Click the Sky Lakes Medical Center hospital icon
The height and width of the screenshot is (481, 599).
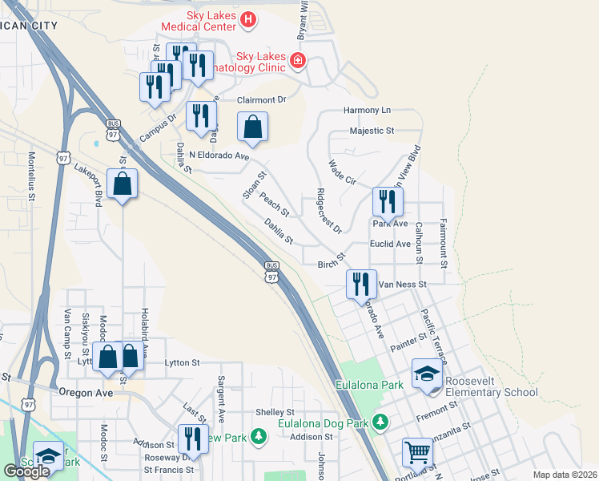click(x=248, y=19)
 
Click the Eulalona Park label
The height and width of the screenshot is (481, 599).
click(x=369, y=386)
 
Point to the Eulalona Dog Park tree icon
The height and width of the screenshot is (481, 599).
click(x=381, y=422)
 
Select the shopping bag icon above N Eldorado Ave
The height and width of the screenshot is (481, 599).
click(x=252, y=127)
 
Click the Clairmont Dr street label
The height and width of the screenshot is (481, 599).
click(x=261, y=99)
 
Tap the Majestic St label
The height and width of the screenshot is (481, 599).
click(x=372, y=130)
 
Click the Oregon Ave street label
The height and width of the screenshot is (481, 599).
click(x=83, y=392)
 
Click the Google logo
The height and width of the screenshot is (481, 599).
click(x=26, y=471)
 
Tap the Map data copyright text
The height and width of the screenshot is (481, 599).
click(x=564, y=475)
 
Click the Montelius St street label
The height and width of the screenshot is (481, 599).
click(x=32, y=176)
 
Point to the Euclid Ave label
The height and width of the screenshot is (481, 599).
click(x=391, y=244)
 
